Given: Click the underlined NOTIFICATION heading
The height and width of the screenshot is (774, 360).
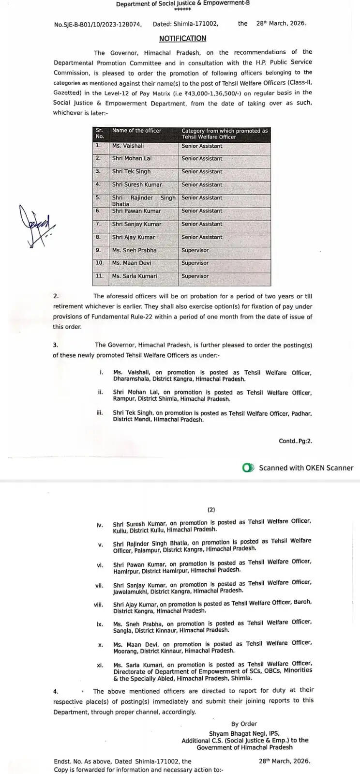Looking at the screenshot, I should point(182,39).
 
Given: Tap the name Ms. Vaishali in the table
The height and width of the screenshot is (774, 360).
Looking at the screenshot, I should point(128,146).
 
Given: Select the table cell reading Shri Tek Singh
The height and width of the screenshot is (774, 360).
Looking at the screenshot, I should point(131,171).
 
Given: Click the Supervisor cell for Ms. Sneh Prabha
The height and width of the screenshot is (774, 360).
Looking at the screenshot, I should point(195,250).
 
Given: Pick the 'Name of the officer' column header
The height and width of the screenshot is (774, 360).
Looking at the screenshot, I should point(136,131).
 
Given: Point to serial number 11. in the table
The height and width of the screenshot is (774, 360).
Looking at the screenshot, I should point(99,276).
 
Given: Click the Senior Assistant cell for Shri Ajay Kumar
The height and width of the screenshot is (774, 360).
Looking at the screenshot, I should point(202,237).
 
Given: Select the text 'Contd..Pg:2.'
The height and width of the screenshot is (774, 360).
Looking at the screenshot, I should point(295,441).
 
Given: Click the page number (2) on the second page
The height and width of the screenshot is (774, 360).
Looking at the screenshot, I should point(211,509).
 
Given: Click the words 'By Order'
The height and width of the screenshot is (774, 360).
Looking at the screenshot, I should point(244,724).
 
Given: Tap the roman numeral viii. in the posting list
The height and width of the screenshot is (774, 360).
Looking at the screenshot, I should point(99,605).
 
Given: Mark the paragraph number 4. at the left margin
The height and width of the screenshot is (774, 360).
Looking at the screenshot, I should point(56,692).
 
